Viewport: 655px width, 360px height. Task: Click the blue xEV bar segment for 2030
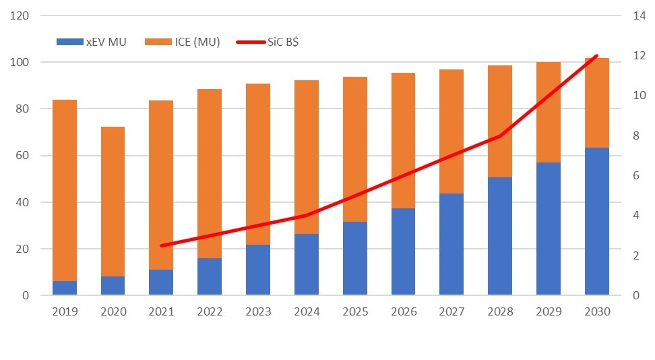(596, 221)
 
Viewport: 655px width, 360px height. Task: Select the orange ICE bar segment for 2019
(65, 190)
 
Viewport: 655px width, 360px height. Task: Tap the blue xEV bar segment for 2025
(354, 258)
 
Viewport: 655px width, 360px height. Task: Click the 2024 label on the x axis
(306, 311)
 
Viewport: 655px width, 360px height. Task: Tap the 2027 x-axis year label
(451, 311)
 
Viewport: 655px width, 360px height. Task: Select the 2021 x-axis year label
(161, 311)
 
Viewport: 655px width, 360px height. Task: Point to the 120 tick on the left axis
(21, 16)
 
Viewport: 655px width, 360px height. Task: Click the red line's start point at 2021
(161, 245)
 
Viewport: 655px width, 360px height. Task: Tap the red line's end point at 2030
(596, 55)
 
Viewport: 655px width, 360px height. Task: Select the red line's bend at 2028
(499, 136)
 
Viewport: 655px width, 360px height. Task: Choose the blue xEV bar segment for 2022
(210, 276)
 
